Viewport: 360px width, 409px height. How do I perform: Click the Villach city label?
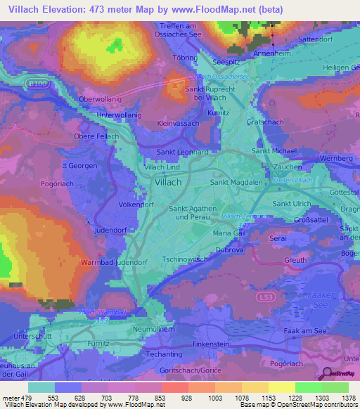[167, 182]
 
